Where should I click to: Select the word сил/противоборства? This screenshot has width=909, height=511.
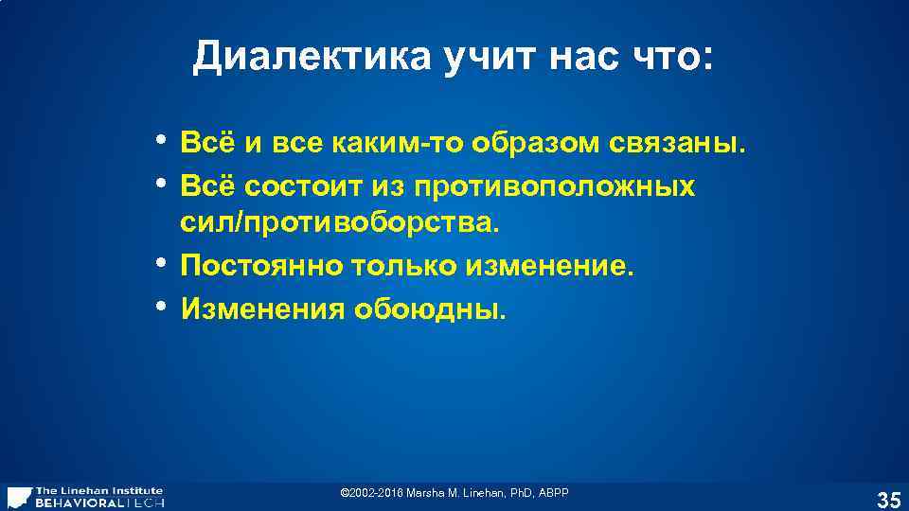point(337,225)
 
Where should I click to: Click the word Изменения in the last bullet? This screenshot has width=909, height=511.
point(262,308)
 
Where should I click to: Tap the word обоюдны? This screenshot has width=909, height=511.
point(431,308)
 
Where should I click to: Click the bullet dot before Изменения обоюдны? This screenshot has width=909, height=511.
point(163,305)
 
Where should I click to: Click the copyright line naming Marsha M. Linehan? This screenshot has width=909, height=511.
point(454,494)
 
